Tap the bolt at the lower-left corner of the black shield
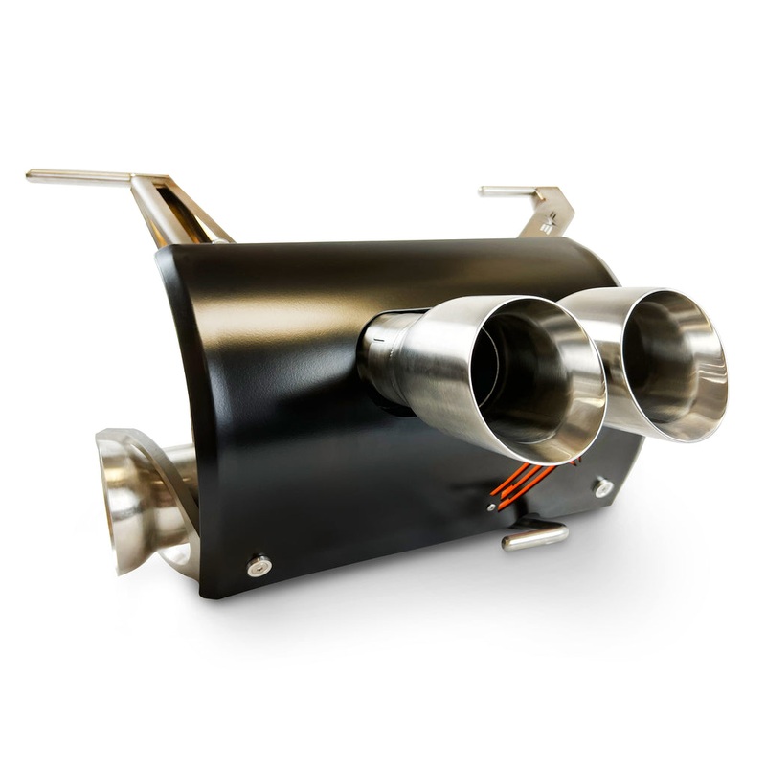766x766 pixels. [x=258, y=566]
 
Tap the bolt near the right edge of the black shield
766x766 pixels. [x=603, y=487]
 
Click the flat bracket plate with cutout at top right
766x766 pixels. [x=551, y=215]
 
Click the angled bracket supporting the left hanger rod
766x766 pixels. [x=177, y=211]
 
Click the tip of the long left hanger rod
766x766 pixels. [x=31, y=175]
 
